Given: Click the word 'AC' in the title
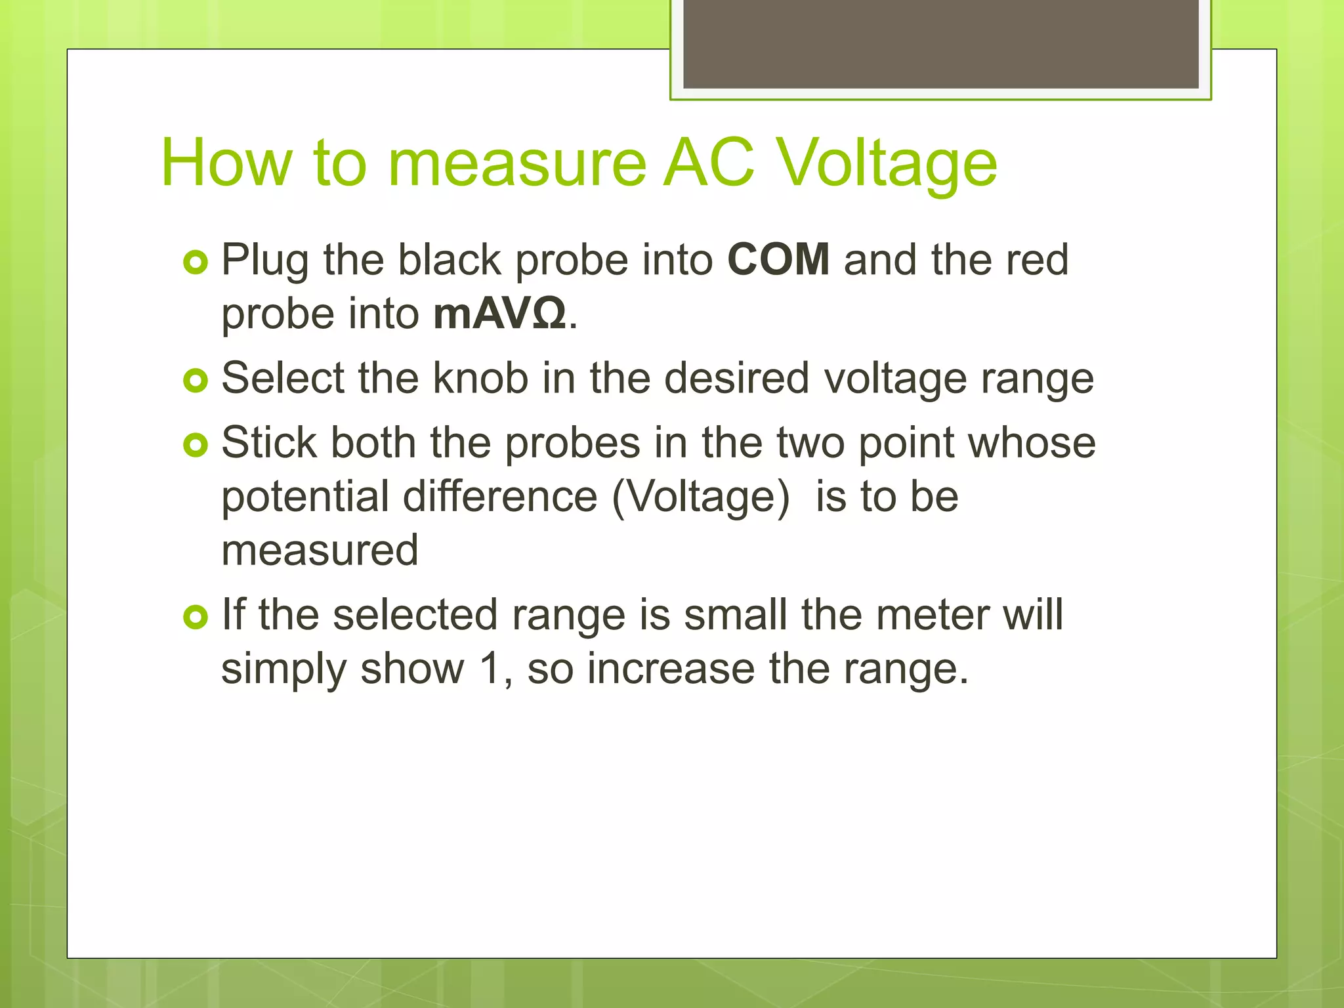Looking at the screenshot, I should tap(709, 163).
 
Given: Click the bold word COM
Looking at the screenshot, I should tap(778, 260).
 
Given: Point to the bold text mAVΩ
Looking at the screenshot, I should tap(499, 314).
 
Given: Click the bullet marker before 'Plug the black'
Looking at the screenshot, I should tap(196, 262).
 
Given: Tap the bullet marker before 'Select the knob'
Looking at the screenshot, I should tap(196, 381).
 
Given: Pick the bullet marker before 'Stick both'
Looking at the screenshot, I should tap(196, 446).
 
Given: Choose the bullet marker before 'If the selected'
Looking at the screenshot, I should tap(196, 617).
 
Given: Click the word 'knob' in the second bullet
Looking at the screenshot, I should tap(480, 379).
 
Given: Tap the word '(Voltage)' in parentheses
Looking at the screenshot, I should tap(700, 497).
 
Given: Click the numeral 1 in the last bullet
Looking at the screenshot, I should tap(490, 669).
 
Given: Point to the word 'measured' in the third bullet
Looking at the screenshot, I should tap(320, 551).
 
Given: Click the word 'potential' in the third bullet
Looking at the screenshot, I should tap(304, 497).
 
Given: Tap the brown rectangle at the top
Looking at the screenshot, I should tap(940, 43).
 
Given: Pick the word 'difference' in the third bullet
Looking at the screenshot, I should tap(500, 496).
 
